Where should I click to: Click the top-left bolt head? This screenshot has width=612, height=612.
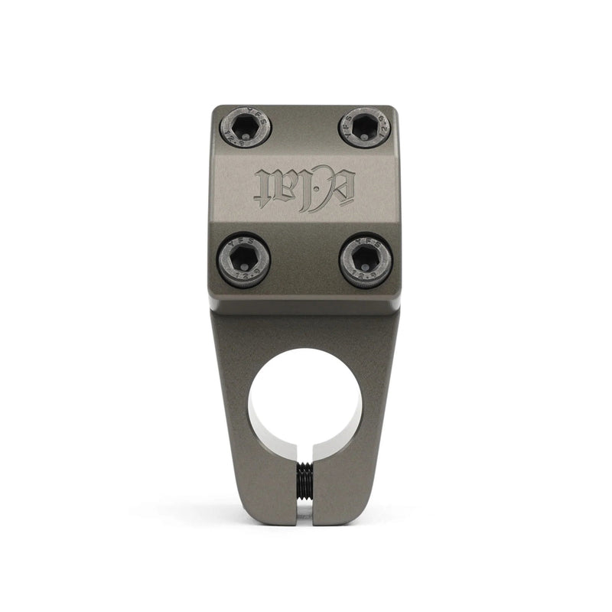click(246, 127)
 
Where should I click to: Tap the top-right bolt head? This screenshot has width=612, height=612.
click(365, 127)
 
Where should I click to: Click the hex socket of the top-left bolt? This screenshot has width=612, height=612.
click(246, 126)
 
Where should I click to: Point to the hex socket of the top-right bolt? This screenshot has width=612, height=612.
click(366, 126)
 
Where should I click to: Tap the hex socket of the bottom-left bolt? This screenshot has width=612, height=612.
click(244, 260)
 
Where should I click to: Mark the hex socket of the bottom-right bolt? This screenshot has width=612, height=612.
click(366, 260)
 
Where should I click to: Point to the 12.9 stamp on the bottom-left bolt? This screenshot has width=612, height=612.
click(244, 278)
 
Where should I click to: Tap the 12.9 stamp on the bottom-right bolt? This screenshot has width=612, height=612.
click(366, 278)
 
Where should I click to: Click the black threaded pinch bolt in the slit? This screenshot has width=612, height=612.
click(305, 482)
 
